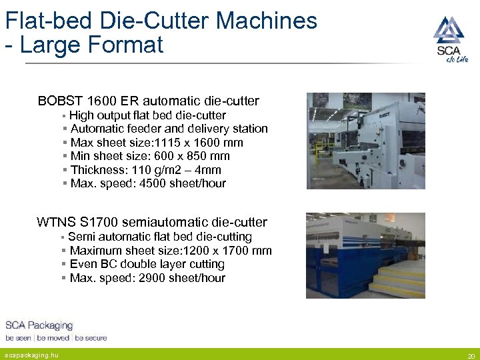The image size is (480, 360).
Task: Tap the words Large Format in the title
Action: pyautogui.click(x=91, y=45)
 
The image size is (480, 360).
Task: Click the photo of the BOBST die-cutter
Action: pyautogui.click(x=365, y=141)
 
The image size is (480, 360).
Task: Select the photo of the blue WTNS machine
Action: pyautogui.click(x=365, y=255)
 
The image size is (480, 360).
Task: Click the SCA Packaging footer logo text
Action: pyautogui.click(x=39, y=325)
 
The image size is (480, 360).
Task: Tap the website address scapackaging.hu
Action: pyautogui.click(x=31, y=355)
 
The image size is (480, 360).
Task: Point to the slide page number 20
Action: pyautogui.click(x=471, y=355)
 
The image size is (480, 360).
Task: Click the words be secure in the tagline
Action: pyautogui.click(x=91, y=338)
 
